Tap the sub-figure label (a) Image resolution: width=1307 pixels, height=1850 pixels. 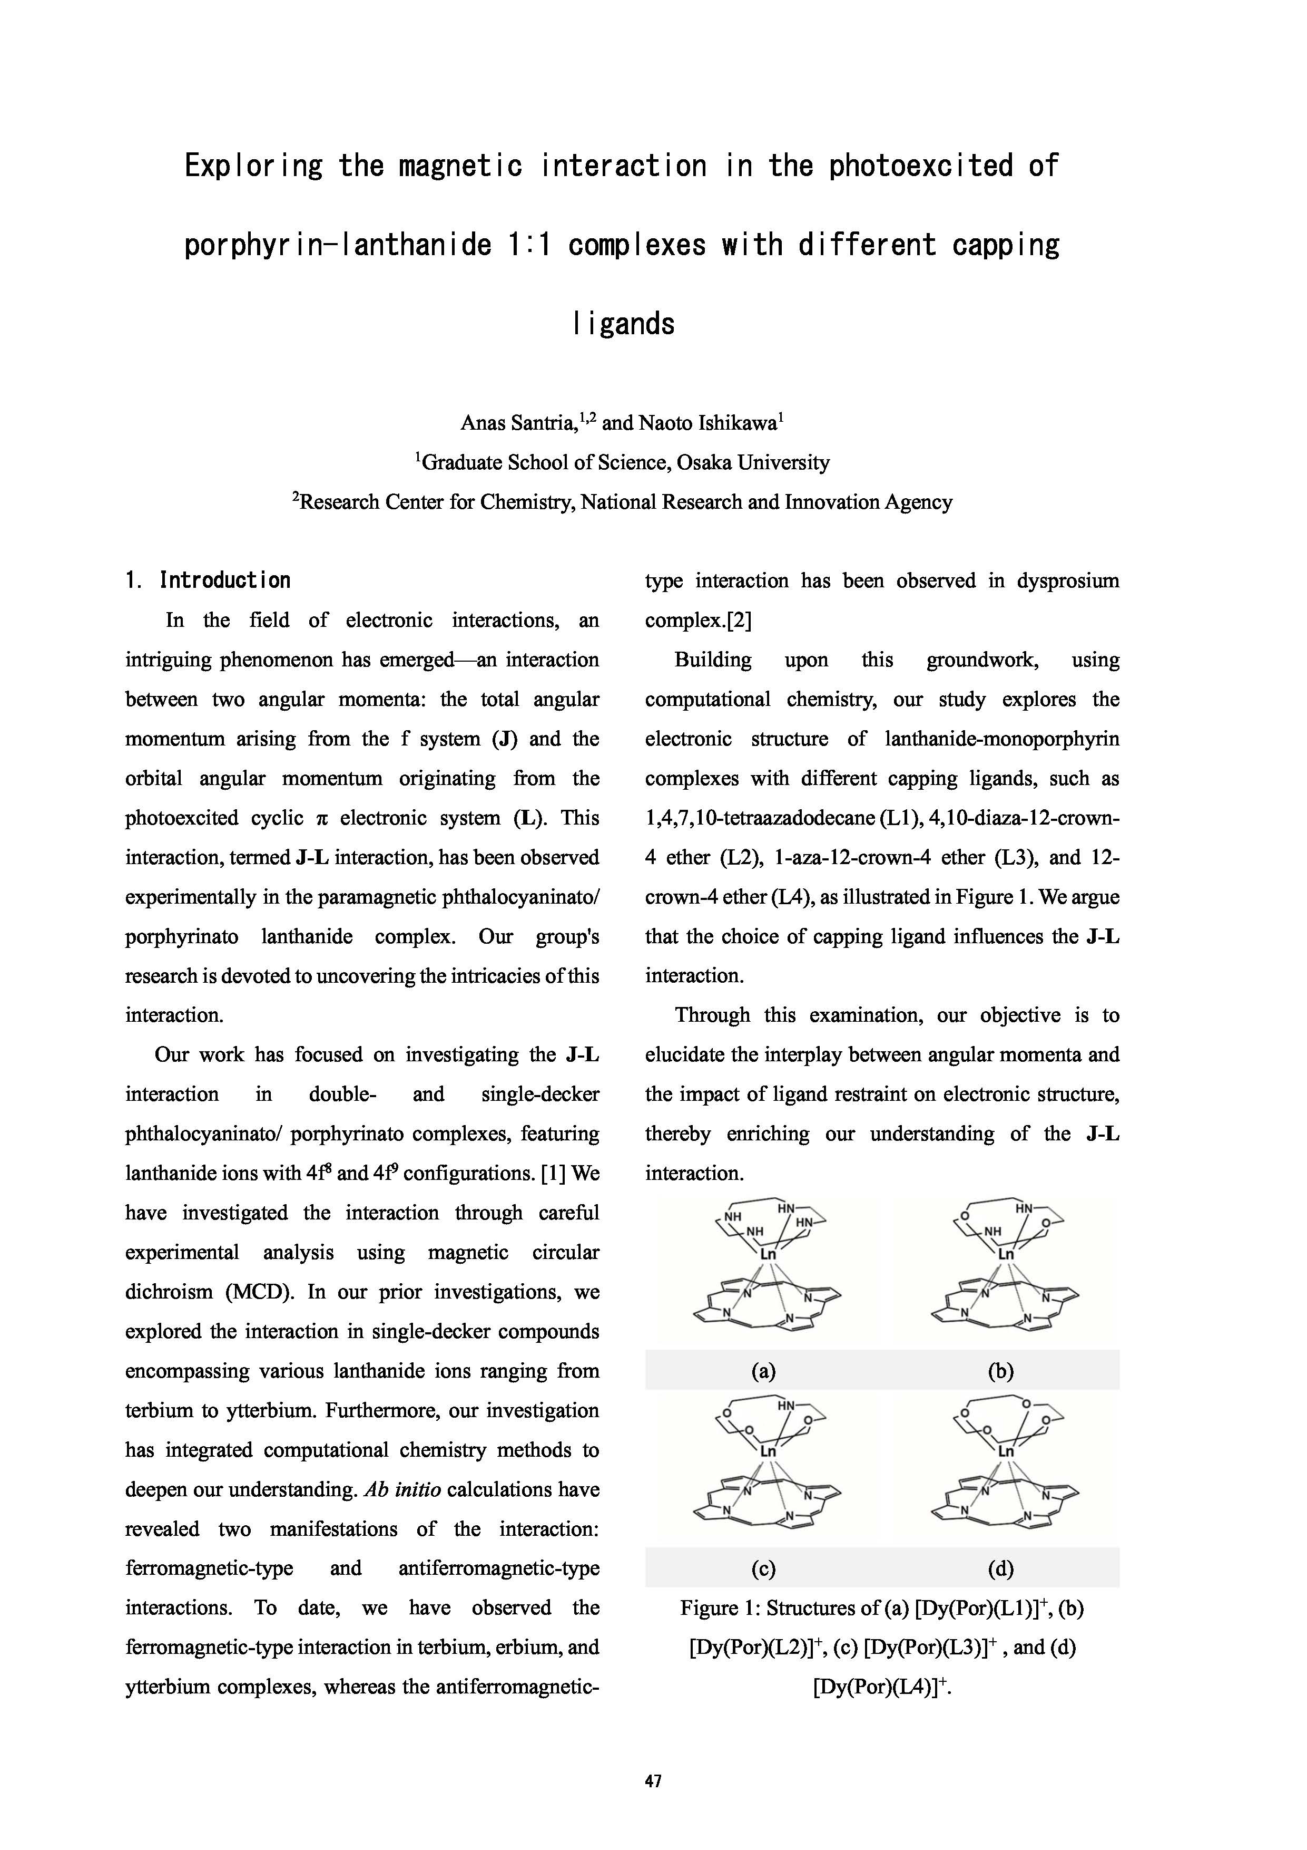pos(763,1371)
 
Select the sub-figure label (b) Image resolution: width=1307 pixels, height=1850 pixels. pos(1000,1371)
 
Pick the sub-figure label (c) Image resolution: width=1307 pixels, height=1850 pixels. pos(763,1568)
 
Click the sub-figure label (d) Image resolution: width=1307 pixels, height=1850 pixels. pos(1000,1568)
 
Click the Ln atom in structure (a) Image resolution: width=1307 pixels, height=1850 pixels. pos(768,1255)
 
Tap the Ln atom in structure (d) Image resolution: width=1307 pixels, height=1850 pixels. pos(1006,1451)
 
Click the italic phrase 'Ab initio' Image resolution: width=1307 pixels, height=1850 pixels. pos(402,1490)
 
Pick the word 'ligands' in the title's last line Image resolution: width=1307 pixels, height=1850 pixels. pos(624,324)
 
